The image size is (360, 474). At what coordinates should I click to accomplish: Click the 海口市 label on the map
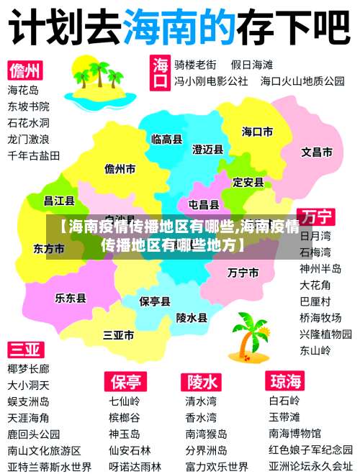coord(257,132)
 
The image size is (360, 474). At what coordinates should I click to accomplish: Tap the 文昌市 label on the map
coord(316,152)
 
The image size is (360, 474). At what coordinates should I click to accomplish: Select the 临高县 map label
coord(166,139)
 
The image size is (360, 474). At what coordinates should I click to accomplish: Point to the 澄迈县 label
coord(207,149)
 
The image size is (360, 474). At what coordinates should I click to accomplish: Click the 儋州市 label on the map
coord(120,169)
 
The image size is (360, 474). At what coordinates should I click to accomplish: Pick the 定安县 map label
coord(248,182)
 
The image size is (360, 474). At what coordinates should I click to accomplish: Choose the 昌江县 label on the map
coord(60,201)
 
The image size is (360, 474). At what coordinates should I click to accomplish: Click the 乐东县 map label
coord(71,297)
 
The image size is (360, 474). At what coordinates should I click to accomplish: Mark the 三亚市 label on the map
coord(119,335)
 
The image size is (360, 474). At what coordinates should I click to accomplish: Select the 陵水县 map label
coord(192,316)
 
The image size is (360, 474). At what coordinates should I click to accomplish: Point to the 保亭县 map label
coord(155,301)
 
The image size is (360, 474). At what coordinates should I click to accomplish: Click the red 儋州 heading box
coord(25,70)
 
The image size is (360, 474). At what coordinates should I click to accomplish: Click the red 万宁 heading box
coord(317,216)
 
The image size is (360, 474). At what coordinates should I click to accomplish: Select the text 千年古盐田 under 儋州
coord(34,155)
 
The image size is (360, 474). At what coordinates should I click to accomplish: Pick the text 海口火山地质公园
coord(302,81)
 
